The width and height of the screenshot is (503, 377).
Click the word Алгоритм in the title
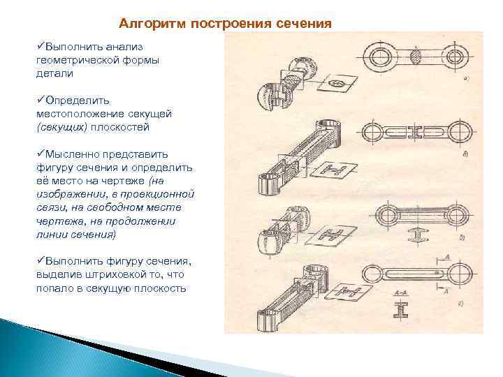click(x=149, y=23)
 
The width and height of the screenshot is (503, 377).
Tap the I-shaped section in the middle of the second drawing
click(x=418, y=131)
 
